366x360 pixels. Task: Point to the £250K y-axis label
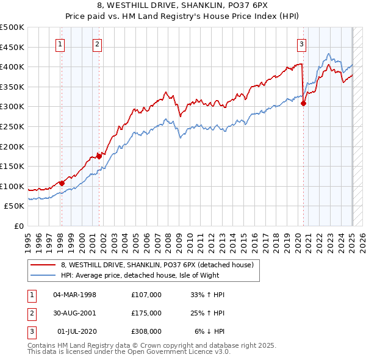click(x=12, y=126)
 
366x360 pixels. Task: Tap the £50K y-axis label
click(x=15, y=206)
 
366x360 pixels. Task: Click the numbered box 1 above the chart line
click(x=61, y=43)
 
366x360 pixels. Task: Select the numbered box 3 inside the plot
click(x=302, y=43)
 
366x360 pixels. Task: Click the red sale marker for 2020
click(x=303, y=104)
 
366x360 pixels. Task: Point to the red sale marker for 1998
click(x=62, y=183)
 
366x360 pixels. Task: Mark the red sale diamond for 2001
click(x=99, y=156)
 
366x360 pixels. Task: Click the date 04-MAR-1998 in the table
click(x=75, y=295)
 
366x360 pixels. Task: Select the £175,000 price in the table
click(x=146, y=313)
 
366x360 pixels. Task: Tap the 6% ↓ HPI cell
click(x=210, y=331)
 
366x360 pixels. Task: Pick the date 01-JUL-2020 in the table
click(x=77, y=331)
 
